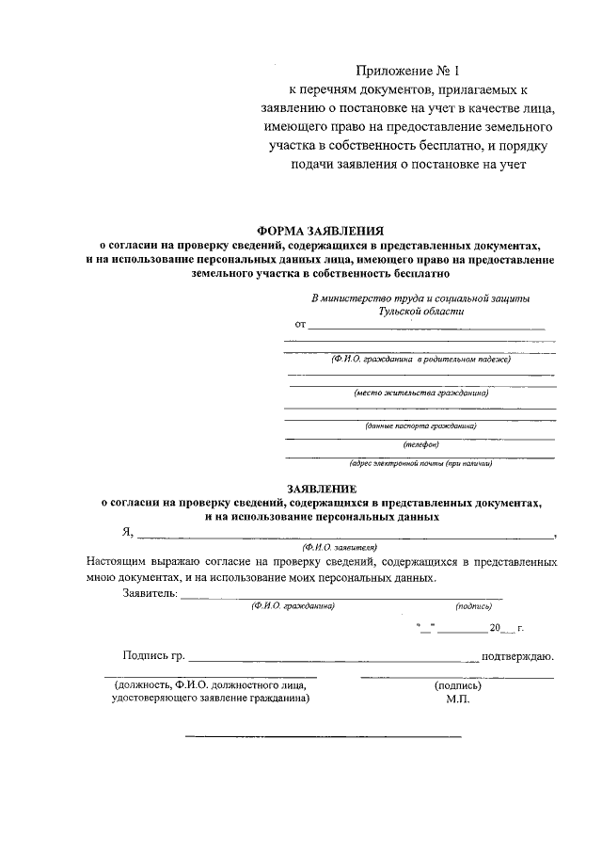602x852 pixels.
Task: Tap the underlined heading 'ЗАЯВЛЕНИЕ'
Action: click(322, 490)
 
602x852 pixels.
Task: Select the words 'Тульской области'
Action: click(420, 311)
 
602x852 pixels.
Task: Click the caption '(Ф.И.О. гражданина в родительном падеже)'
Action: click(420, 359)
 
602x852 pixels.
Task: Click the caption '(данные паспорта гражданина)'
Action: click(420, 426)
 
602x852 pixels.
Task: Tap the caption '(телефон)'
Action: click(420, 444)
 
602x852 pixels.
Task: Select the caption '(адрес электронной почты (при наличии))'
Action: click(420, 462)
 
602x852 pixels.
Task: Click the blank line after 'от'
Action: click(427, 326)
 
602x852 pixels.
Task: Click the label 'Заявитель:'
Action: click(150, 593)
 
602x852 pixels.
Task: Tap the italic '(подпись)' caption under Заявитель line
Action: click(473, 607)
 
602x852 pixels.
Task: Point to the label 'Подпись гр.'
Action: click(154, 655)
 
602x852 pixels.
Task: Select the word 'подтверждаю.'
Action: click(516, 655)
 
